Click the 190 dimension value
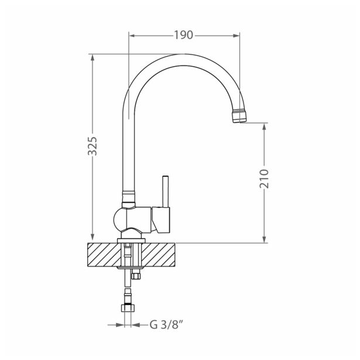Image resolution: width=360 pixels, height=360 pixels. [x=183, y=35]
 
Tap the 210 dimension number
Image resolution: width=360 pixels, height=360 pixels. [x=264, y=178]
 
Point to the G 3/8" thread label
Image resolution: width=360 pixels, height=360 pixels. [x=166, y=323]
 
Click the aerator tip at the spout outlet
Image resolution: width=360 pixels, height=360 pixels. [x=239, y=115]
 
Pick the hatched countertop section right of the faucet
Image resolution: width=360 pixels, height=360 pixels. [x=160, y=255]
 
